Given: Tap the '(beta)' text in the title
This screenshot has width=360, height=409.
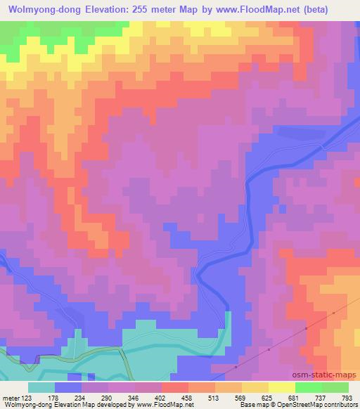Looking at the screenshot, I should point(333,7).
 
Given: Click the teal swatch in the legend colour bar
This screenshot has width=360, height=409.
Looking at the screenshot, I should point(41,388).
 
